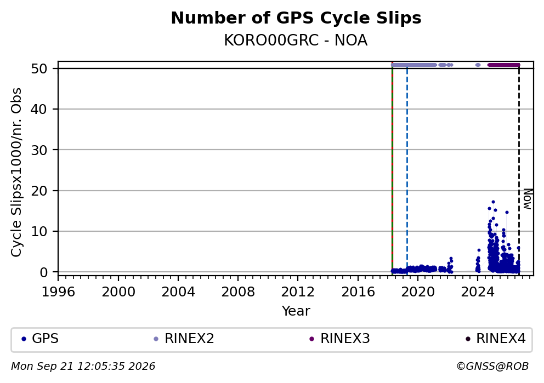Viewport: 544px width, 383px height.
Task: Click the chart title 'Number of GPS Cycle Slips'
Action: [296, 19]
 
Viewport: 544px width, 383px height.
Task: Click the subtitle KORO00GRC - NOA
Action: [296, 41]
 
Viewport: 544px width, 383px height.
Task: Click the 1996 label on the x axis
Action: [58, 292]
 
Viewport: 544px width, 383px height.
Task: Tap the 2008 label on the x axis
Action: [238, 292]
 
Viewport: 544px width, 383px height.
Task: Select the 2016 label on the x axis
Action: [358, 292]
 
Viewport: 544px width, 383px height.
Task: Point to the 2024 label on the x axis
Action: [478, 292]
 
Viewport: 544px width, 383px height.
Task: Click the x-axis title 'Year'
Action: [296, 311]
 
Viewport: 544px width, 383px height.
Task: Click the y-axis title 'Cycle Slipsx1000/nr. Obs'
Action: [16, 172]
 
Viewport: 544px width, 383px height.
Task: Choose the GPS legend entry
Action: [40, 339]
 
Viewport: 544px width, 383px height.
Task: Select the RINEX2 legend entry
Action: [184, 339]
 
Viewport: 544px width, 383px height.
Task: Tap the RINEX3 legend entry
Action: [339, 339]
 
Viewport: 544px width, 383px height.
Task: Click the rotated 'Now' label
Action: [528, 199]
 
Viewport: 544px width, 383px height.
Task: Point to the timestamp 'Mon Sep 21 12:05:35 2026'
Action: [83, 367]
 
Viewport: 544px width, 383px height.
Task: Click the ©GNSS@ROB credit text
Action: [492, 367]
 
